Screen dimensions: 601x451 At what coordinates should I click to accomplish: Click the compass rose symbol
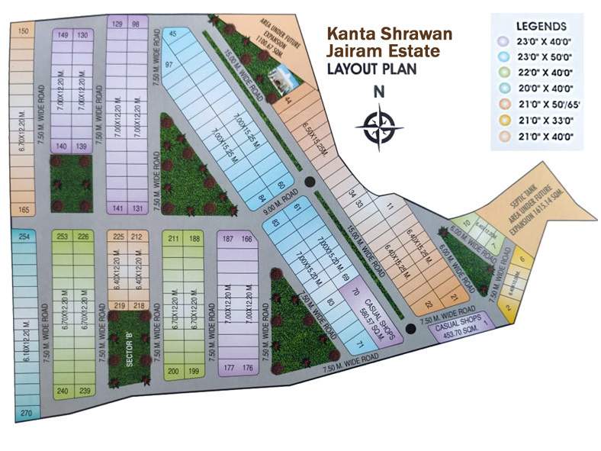378,127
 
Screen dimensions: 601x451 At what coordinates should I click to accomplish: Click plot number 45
172,34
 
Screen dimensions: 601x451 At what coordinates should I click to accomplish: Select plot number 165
24,210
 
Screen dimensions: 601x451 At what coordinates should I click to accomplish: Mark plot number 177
229,368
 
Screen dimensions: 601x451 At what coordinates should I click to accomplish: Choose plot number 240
63,391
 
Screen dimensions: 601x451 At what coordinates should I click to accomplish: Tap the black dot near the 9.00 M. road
309,182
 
